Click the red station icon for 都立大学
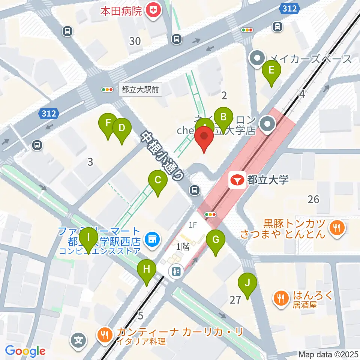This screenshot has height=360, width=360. [237, 180]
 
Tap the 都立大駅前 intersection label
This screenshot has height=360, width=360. [135, 90]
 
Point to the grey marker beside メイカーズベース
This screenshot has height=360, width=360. [257, 58]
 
